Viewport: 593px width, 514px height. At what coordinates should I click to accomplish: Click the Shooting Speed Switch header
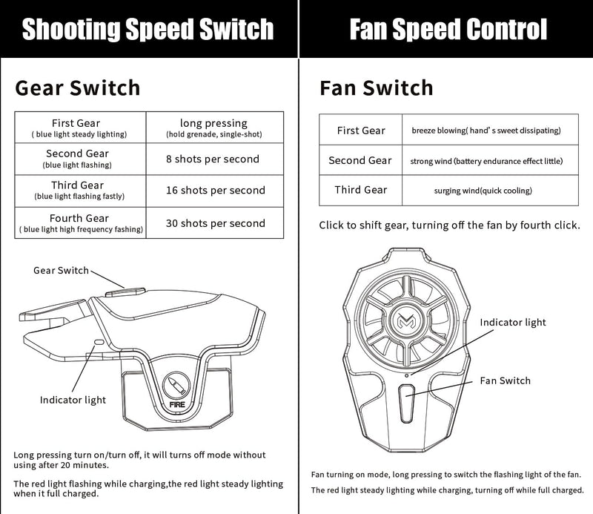[x=148, y=29]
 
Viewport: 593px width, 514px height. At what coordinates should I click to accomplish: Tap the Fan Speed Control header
[x=448, y=29]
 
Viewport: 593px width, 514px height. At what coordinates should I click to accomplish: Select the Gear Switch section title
[x=77, y=88]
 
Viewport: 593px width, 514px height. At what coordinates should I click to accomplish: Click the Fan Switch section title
[x=376, y=88]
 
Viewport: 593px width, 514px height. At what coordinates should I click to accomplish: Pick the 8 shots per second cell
[x=212, y=159]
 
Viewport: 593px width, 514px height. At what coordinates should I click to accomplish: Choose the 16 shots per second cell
[x=215, y=191]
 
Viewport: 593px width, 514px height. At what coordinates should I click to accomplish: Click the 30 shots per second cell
[x=215, y=223]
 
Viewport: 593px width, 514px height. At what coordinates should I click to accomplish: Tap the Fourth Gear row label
[x=80, y=223]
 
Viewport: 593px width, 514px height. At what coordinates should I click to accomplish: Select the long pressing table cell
[x=214, y=128]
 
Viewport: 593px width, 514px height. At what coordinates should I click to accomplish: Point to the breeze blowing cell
[x=486, y=131]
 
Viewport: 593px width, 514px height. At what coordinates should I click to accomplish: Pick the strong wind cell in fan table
[x=487, y=160]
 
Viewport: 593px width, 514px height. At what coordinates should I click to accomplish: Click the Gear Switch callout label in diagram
[x=61, y=271]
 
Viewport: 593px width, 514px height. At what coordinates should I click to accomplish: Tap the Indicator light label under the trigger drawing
[x=73, y=400]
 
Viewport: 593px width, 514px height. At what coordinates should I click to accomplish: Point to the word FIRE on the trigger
[x=177, y=406]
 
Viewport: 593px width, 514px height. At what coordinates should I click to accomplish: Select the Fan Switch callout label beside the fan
[x=506, y=380]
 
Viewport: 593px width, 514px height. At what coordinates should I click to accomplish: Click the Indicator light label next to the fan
[x=512, y=322]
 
